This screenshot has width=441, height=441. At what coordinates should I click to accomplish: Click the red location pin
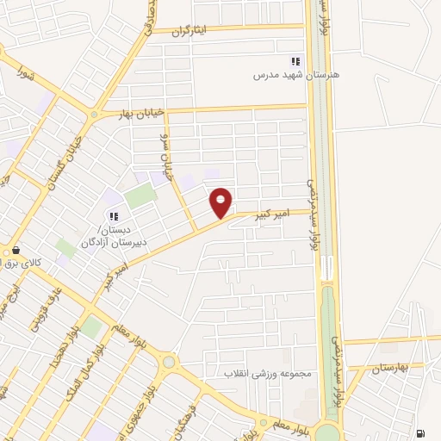pyautogui.click(x=221, y=202)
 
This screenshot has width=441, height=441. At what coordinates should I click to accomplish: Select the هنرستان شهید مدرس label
pyautogui.click(x=295, y=76)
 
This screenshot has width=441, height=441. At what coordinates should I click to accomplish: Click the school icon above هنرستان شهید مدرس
pyautogui.click(x=295, y=61)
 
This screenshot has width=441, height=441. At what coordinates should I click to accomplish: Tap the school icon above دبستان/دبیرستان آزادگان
pyautogui.click(x=113, y=215)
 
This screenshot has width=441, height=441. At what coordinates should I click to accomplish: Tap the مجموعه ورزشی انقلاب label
pyautogui.click(x=272, y=375)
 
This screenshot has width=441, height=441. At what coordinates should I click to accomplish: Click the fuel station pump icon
pyautogui.click(x=419, y=433)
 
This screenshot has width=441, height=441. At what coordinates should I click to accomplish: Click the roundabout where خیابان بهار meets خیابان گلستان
pyautogui.click(x=94, y=113)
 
